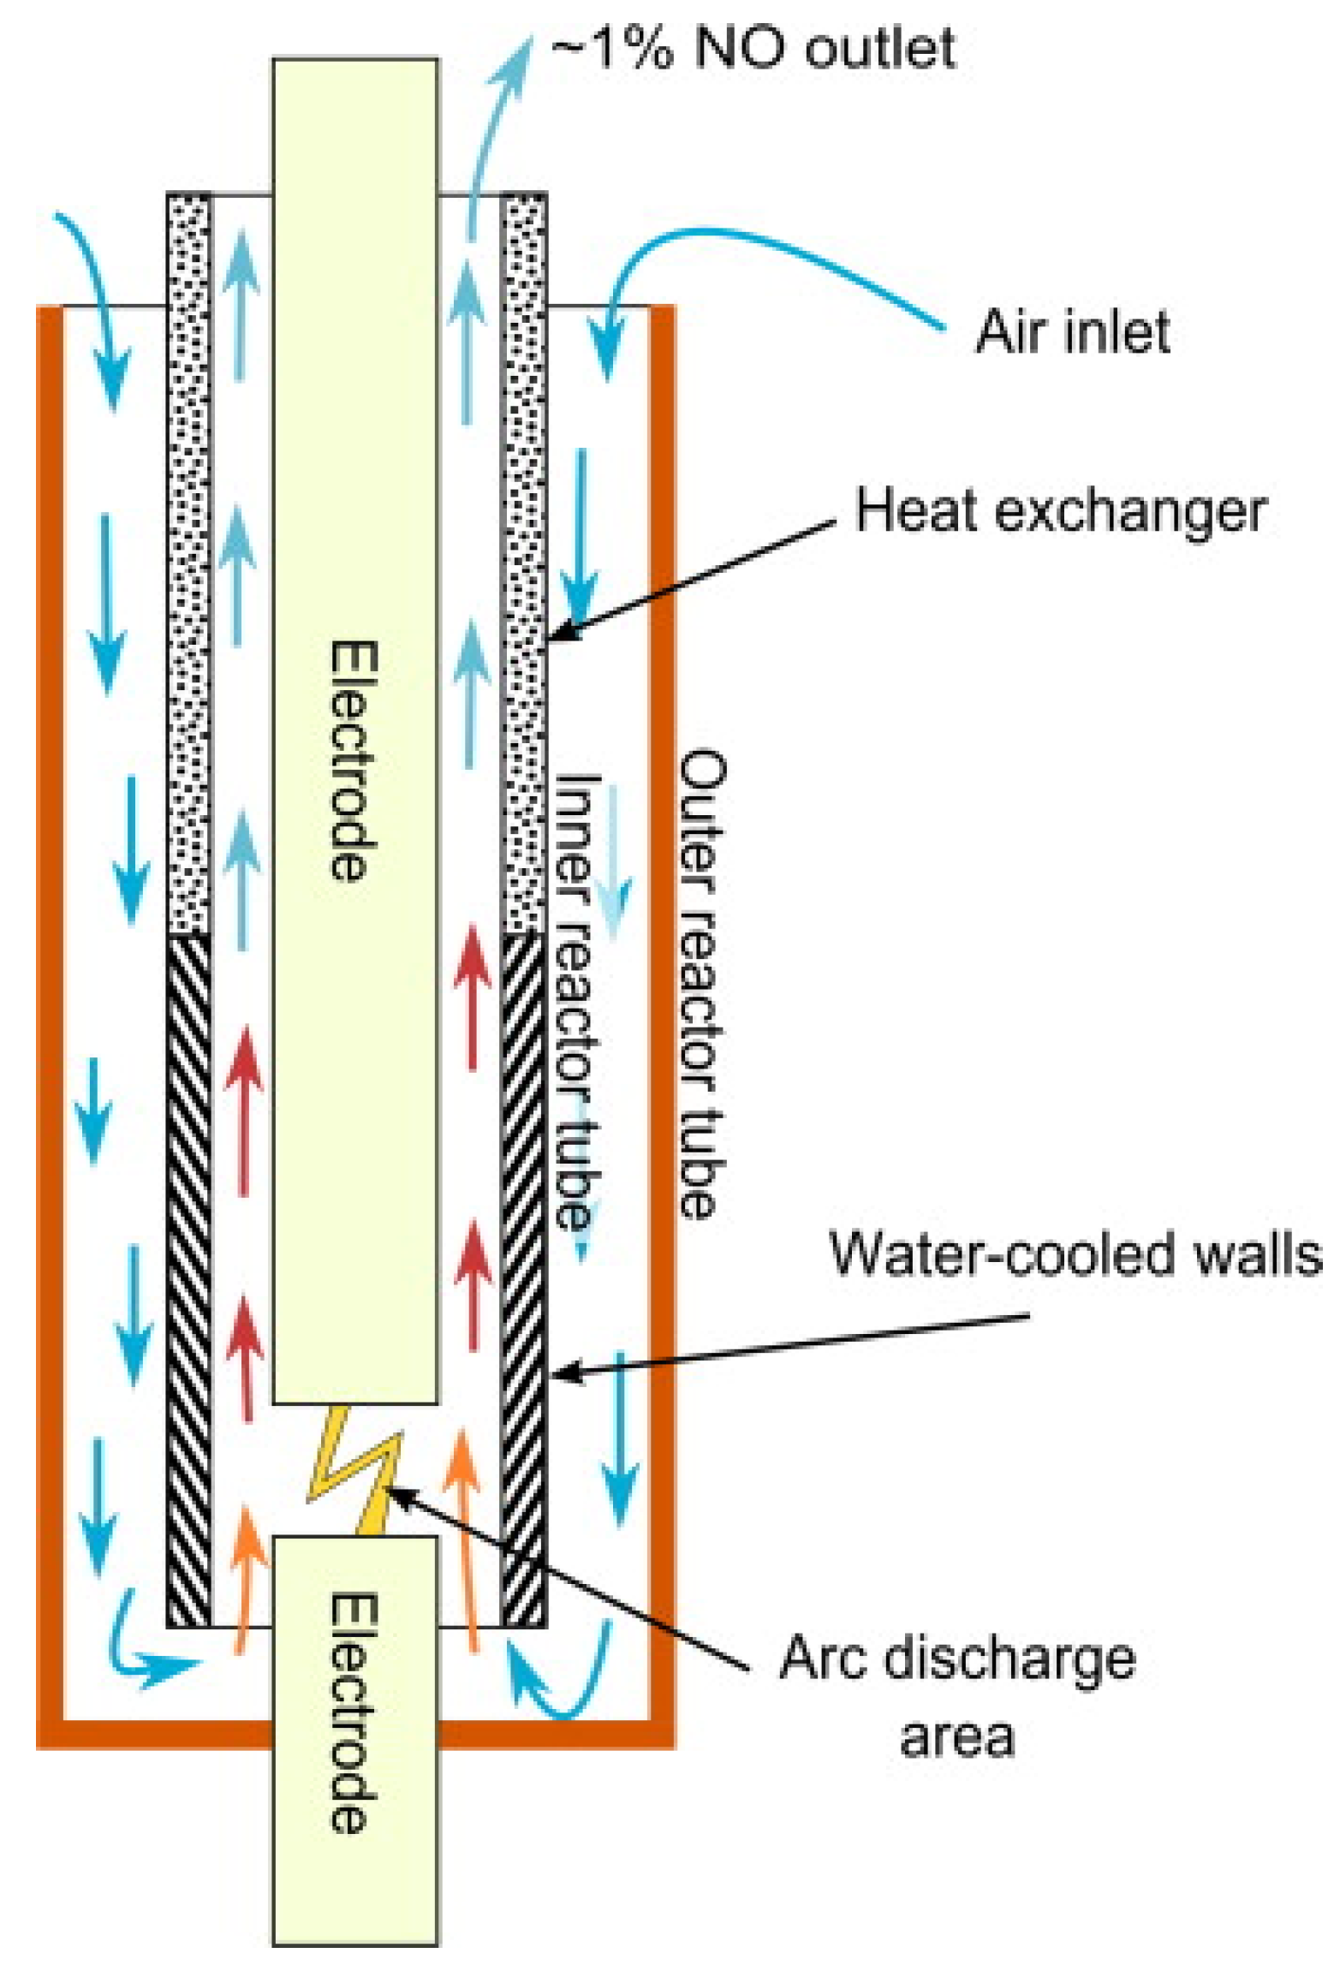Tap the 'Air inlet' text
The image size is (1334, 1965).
1072,331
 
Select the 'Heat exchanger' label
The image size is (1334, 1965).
1060,513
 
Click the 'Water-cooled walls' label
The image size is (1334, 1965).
1075,1255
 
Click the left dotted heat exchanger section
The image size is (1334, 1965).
188,565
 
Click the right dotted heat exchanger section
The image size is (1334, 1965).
522,565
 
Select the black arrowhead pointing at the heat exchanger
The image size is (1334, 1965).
561,634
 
